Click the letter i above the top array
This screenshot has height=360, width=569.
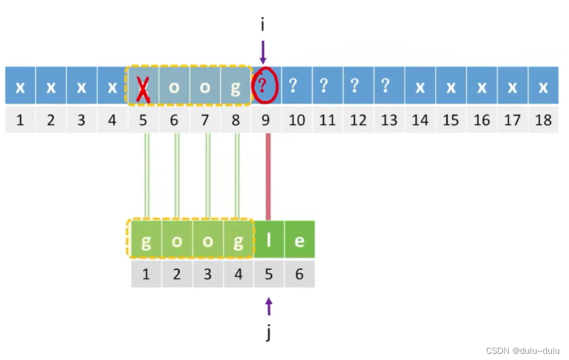coord(263,25)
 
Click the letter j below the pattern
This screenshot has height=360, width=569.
coord(268,333)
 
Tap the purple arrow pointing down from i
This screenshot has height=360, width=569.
coord(263,52)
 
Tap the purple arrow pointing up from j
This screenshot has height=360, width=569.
coord(268,306)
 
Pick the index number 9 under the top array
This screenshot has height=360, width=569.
coord(266,119)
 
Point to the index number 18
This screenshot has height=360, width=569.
coord(543,119)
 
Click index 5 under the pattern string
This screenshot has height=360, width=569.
coord(268,273)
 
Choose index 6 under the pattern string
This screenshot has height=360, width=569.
coord(299,273)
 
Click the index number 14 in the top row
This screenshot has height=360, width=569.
coord(420,119)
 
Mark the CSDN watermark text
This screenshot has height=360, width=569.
coord(522,351)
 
